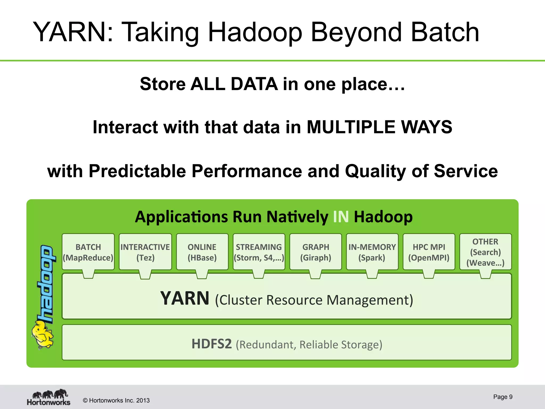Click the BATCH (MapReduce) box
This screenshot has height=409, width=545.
coord(88,252)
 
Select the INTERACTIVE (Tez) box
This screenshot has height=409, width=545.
coord(145,252)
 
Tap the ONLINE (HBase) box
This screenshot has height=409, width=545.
coord(202,252)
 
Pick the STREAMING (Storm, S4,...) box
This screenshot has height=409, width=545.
coord(259,252)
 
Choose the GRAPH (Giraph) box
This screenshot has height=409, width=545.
coord(316,252)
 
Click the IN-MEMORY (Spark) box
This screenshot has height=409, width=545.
coord(372,252)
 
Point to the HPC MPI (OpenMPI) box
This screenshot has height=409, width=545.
coord(429,252)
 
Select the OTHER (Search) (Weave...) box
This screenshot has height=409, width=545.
coord(485,252)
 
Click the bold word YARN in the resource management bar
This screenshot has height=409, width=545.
coord(185,298)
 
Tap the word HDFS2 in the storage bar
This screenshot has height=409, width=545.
coord(212,344)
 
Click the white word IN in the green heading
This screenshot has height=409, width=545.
coord(341,216)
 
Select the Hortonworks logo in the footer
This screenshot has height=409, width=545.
coord(49,397)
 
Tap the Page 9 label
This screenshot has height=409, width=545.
coord(503,397)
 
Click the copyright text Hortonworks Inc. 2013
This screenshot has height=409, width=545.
coord(116,400)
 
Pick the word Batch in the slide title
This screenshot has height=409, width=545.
coord(445,32)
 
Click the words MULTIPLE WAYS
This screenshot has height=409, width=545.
coord(379,127)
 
